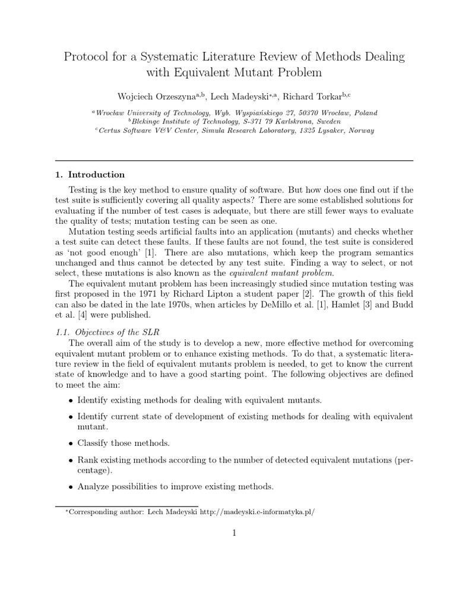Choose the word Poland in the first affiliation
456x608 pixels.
coord(365,112)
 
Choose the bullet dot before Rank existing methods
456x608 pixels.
coord(71,460)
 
